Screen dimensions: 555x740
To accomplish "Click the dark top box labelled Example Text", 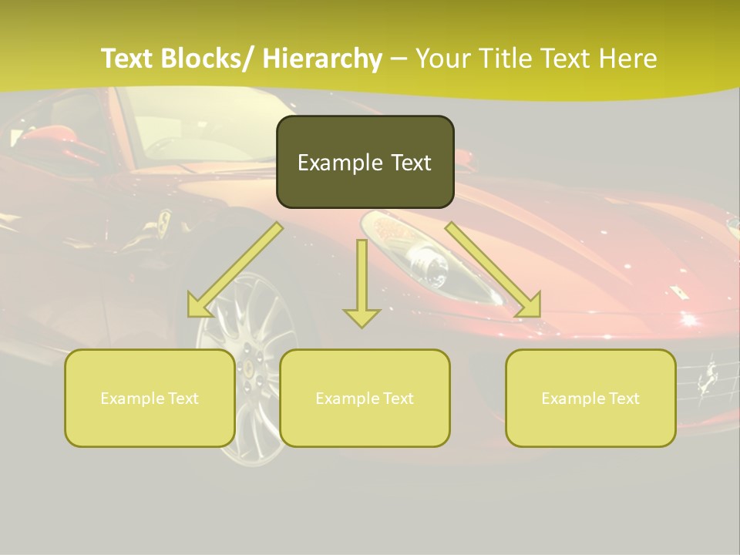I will [x=365, y=162].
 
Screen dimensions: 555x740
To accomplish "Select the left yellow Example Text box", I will [x=150, y=398].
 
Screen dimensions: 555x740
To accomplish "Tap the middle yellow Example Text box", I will [x=365, y=398].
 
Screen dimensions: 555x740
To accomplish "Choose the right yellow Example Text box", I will [x=590, y=398].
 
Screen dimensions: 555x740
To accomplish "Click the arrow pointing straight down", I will [x=362, y=285].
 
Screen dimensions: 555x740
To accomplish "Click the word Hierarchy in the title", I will [x=322, y=59].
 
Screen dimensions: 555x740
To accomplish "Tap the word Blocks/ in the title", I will [x=210, y=59].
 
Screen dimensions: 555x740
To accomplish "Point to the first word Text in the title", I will [x=128, y=59].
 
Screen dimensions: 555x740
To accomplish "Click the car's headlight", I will [x=432, y=266].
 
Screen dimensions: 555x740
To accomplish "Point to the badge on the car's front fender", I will [x=163, y=223].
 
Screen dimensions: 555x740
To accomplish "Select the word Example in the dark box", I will [x=330, y=163].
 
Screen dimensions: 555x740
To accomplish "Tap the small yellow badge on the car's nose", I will [x=678, y=292].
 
